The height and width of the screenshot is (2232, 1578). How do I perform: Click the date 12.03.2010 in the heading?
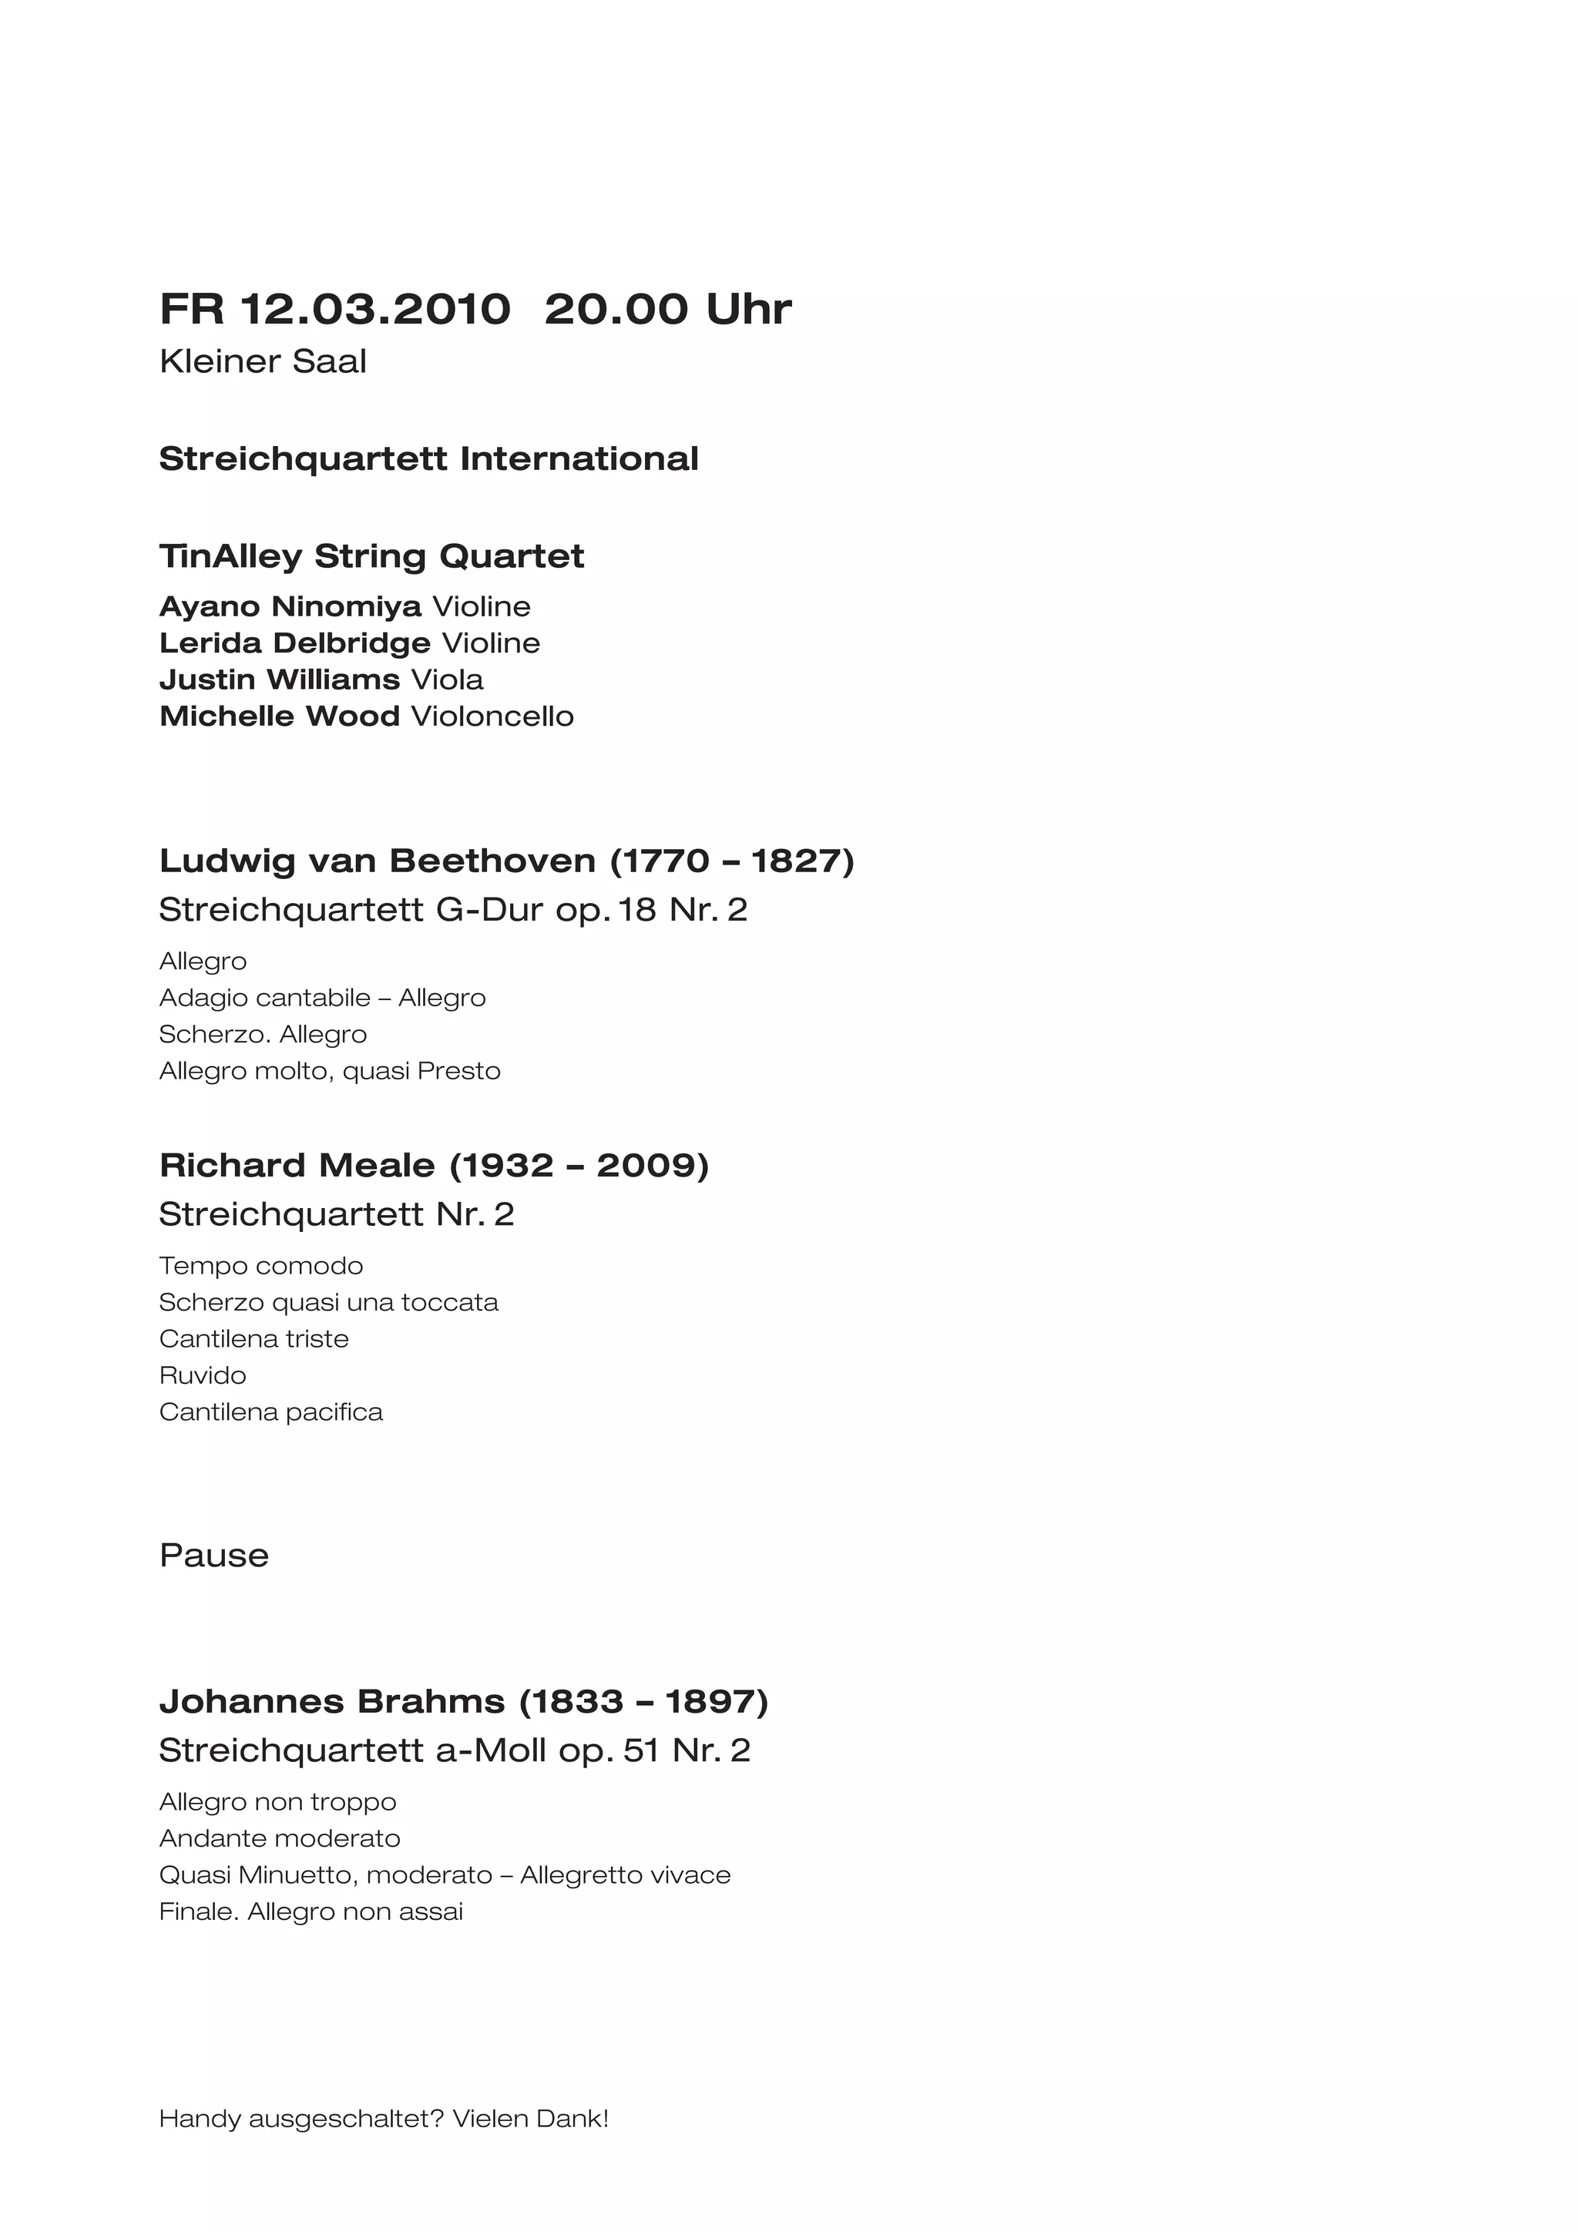374,309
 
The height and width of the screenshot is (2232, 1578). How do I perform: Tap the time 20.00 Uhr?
667,309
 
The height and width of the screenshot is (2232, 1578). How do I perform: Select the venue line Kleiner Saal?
263,361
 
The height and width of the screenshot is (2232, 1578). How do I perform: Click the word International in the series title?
579,459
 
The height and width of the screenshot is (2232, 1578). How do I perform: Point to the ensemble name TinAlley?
230,556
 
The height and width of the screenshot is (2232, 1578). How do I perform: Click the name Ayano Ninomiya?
290,606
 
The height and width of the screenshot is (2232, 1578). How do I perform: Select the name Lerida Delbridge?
294,643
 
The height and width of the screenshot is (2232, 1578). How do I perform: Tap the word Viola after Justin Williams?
446,680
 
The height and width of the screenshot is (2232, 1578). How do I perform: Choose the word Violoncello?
492,717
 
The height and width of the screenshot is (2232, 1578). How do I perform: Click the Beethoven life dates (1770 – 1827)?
731,861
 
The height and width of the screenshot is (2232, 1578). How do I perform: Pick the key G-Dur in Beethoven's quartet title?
490,910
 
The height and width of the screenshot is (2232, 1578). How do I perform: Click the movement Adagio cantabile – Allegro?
322,999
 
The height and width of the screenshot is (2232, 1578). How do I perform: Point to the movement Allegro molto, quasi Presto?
330,1071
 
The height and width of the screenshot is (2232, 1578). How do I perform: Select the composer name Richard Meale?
297,1166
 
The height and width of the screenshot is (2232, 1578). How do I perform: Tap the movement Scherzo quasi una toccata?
329,1303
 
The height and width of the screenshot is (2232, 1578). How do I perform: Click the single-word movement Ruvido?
202,1375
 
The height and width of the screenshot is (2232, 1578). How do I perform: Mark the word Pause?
214,1556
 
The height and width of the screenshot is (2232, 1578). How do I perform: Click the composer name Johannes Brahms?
331,1702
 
